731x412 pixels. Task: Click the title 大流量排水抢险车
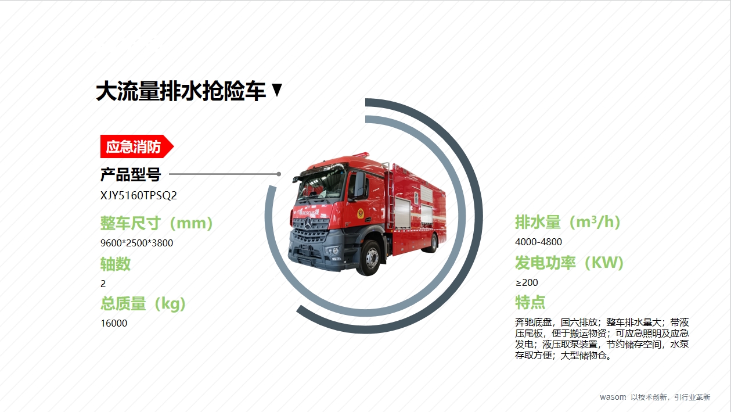tap(181, 91)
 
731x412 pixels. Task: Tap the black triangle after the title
tap(277, 89)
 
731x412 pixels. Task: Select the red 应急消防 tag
tap(137, 146)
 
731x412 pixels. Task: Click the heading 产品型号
tap(131, 174)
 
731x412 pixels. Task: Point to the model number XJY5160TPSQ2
tap(138, 195)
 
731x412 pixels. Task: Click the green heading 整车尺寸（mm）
tap(157, 223)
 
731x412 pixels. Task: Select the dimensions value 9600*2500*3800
tap(137, 243)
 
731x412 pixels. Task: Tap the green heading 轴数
tap(116, 264)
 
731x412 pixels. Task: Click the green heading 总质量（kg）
tap(143, 304)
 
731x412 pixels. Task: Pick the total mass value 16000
tap(114, 323)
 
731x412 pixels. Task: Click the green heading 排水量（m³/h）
tap(568, 222)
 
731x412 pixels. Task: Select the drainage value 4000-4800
tap(538, 242)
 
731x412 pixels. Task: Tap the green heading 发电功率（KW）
tap(570, 263)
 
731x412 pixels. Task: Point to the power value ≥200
tap(527, 282)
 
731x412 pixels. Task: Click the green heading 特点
tap(530, 302)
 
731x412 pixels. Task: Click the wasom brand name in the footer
tap(613, 397)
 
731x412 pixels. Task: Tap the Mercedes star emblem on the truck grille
tap(308, 224)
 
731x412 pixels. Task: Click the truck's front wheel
tap(370, 258)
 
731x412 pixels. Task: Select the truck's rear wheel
tap(433, 243)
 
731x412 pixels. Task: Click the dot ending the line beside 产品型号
tap(279, 174)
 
